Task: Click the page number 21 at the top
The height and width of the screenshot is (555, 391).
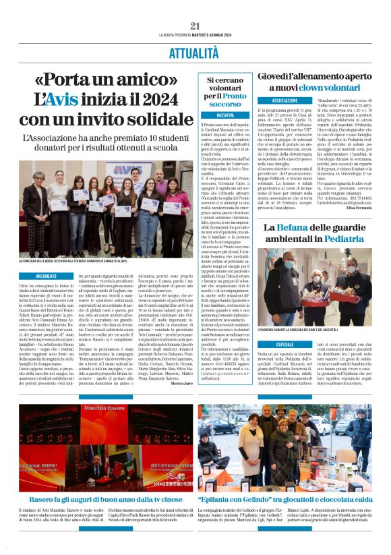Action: click(x=195, y=26)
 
